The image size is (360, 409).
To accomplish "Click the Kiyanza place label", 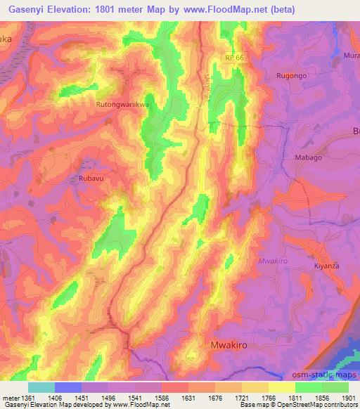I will [x=326, y=267].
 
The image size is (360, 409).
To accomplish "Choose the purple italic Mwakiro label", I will [x=274, y=261].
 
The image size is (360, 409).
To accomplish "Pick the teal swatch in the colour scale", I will [x=41, y=387].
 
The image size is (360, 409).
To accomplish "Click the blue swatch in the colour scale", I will [x=68, y=387].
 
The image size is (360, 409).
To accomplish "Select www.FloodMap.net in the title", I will [x=227, y=10].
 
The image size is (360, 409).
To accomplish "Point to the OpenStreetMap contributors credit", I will [x=320, y=405].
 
